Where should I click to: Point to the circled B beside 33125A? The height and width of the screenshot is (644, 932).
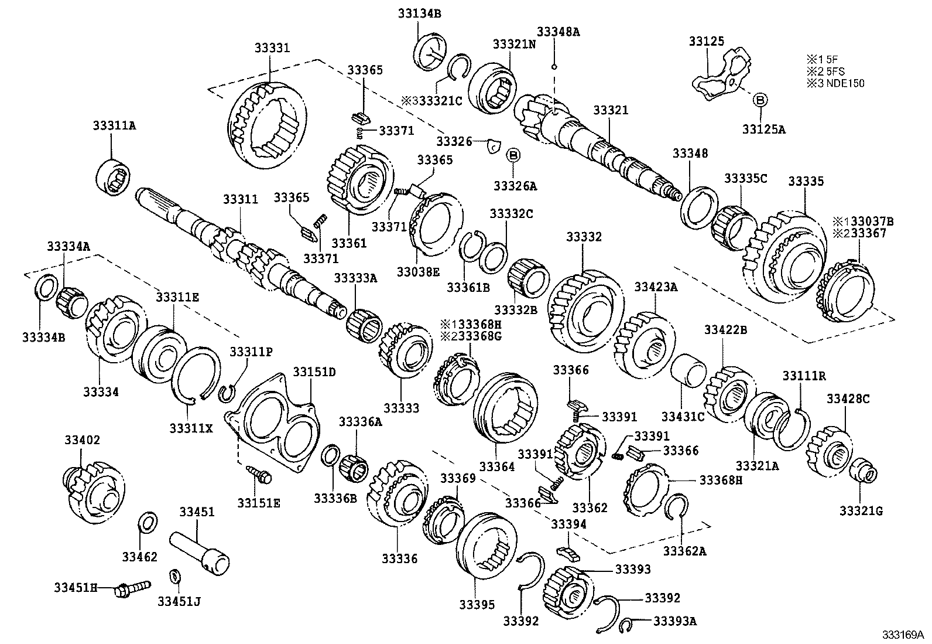[x=759, y=100]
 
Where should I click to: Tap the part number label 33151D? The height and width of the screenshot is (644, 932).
[x=314, y=372]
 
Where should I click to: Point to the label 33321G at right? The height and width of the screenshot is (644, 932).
[x=861, y=511]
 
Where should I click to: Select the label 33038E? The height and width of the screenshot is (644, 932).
[x=417, y=271]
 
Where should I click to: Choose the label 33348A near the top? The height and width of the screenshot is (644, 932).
[x=559, y=32]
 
